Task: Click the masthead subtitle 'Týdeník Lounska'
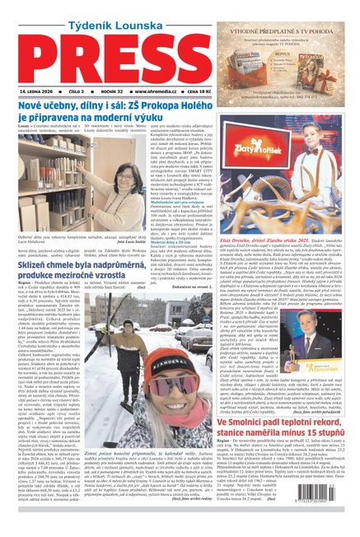coord(98,15)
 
